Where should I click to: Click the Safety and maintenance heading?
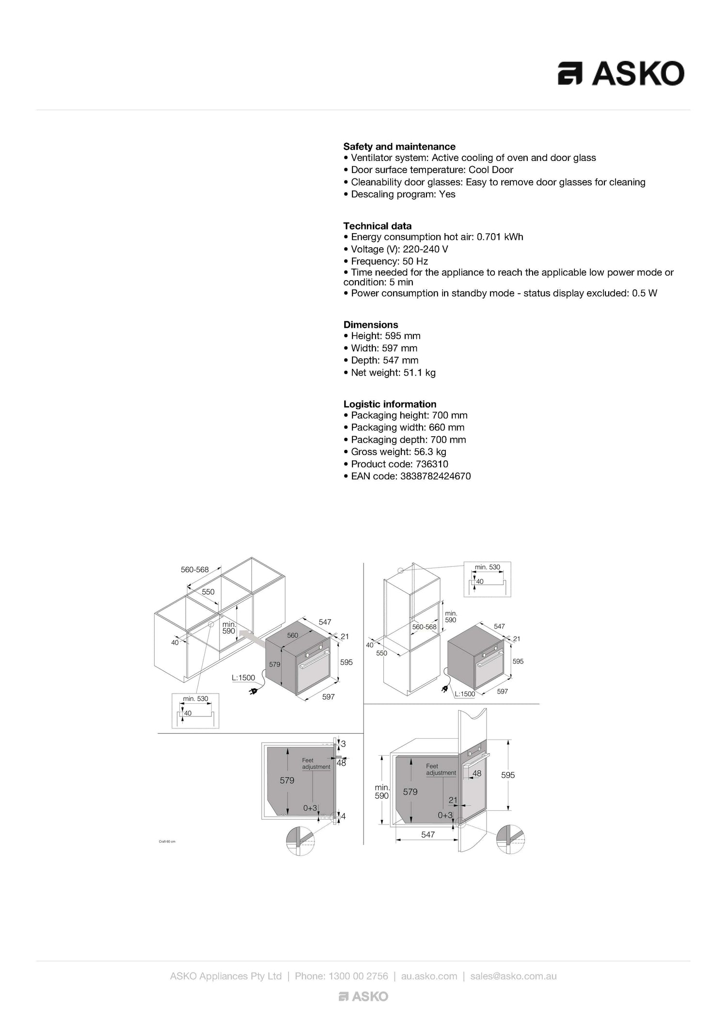[399, 146]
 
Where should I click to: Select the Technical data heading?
[378, 226]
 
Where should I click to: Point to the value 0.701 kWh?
[500, 237]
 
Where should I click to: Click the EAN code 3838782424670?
[435, 476]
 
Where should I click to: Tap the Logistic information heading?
[390, 404]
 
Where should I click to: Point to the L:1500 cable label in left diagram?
[243, 678]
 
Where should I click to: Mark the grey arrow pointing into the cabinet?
[252, 637]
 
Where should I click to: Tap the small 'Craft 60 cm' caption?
[167, 841]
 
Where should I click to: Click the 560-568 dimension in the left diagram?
[195, 570]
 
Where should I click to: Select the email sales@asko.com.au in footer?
[513, 976]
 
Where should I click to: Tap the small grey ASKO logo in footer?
[363, 996]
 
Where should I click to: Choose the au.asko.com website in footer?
[429, 976]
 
